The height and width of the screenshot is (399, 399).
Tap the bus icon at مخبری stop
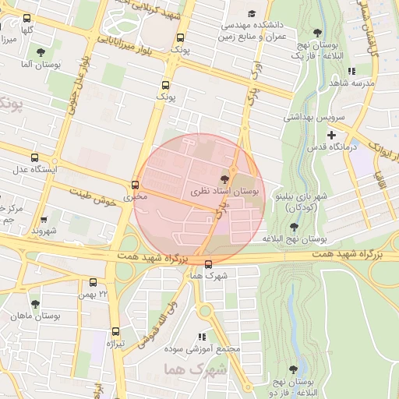click(x=136, y=185)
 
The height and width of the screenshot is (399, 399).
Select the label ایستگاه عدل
click(x=31, y=169)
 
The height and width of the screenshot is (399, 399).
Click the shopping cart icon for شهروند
click(x=43, y=220)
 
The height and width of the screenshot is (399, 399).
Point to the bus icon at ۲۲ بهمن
click(x=94, y=283)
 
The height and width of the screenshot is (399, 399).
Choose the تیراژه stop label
click(x=115, y=344)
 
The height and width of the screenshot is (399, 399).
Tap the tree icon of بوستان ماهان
click(x=35, y=304)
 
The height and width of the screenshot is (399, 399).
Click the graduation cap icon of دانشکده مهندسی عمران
click(x=252, y=14)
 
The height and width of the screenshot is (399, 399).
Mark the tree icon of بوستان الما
click(x=41, y=52)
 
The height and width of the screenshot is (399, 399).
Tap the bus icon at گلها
click(x=27, y=18)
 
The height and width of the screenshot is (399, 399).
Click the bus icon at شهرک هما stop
click(x=207, y=264)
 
